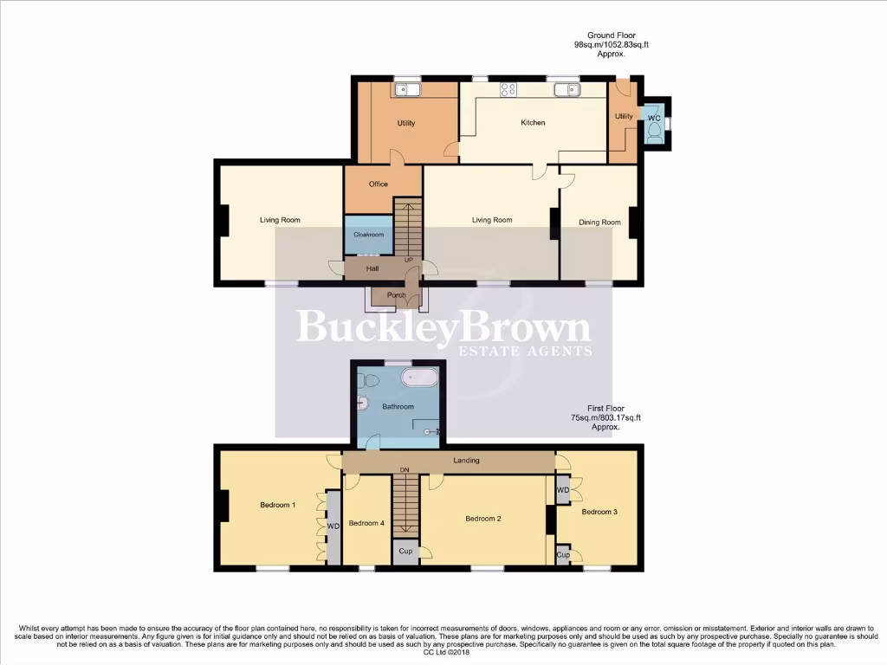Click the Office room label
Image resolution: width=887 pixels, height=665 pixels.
click(x=378, y=184)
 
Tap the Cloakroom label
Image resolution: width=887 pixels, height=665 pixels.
click(x=368, y=235)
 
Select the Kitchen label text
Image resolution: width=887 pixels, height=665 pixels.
click(x=533, y=123)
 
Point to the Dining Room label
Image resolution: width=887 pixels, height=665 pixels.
click(x=599, y=223)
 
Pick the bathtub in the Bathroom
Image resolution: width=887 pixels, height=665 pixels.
click(x=421, y=378)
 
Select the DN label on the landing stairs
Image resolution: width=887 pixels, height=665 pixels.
click(x=404, y=470)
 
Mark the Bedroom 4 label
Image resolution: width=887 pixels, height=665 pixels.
click(x=366, y=523)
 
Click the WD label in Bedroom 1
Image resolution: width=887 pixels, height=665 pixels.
click(x=332, y=526)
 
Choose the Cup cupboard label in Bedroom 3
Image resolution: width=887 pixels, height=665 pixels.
click(x=562, y=555)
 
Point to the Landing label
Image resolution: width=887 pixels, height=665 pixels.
click(x=466, y=461)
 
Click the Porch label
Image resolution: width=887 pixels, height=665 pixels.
click(x=396, y=295)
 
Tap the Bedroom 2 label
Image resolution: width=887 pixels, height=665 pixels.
click(x=483, y=519)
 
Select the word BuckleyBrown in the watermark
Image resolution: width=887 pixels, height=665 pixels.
click(x=443, y=328)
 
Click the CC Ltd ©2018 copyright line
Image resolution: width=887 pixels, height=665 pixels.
click(x=443, y=652)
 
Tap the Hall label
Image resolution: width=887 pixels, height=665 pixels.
click(x=372, y=269)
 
